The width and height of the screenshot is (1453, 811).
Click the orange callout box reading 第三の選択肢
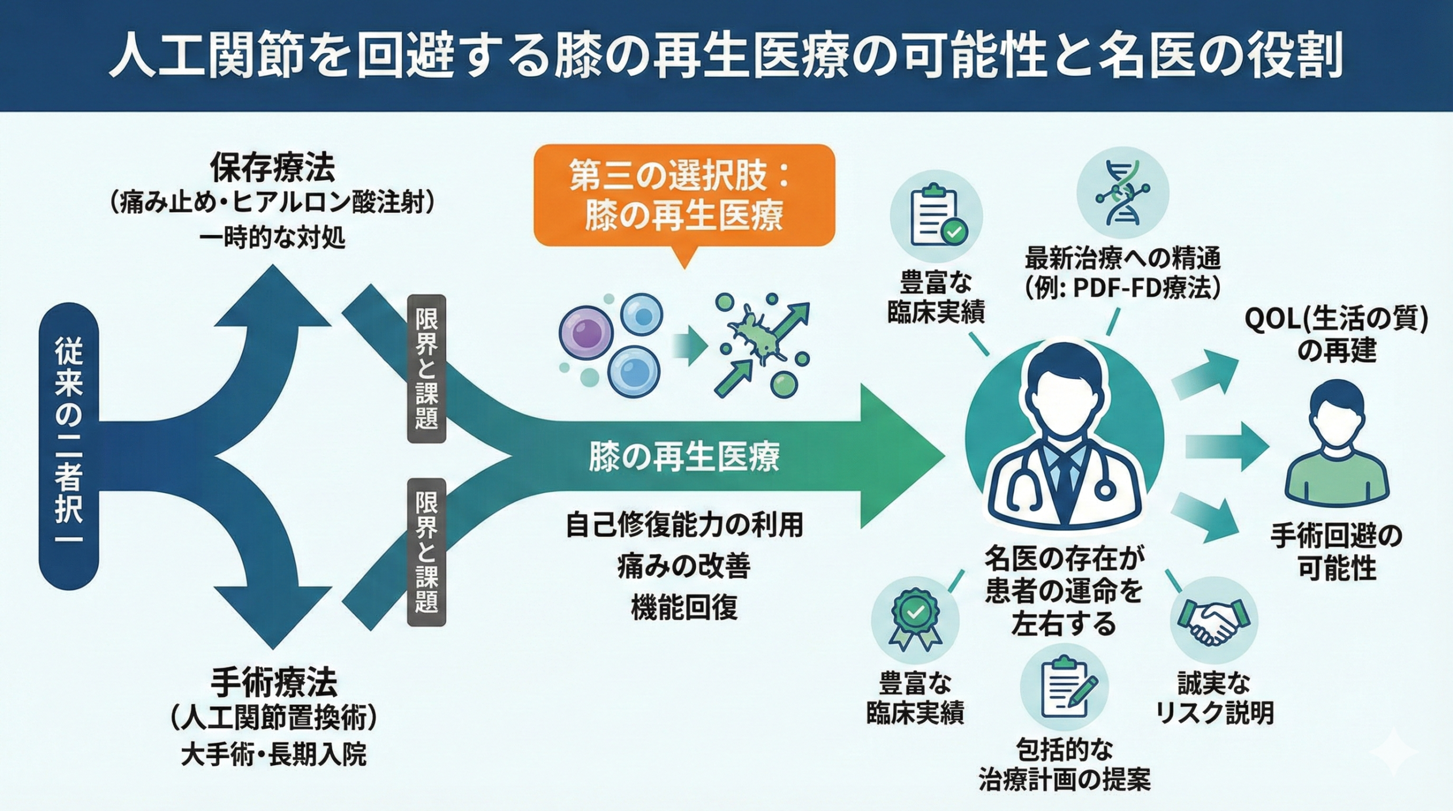pos(684,196)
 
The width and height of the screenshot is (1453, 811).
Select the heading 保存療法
pos(272,167)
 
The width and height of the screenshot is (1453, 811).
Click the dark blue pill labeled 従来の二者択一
pos(69,438)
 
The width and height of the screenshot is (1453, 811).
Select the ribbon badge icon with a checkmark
pos(915,620)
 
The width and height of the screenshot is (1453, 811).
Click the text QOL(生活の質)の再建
pos(1336,335)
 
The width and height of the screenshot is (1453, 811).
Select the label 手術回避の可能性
pos(1336,551)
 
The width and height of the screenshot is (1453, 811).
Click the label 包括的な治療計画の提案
pos(1064,764)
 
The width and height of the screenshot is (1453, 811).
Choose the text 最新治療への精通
pos(1122,259)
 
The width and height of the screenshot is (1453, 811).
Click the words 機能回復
pos(684,607)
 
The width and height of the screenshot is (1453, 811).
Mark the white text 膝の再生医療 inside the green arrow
pos(684,457)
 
